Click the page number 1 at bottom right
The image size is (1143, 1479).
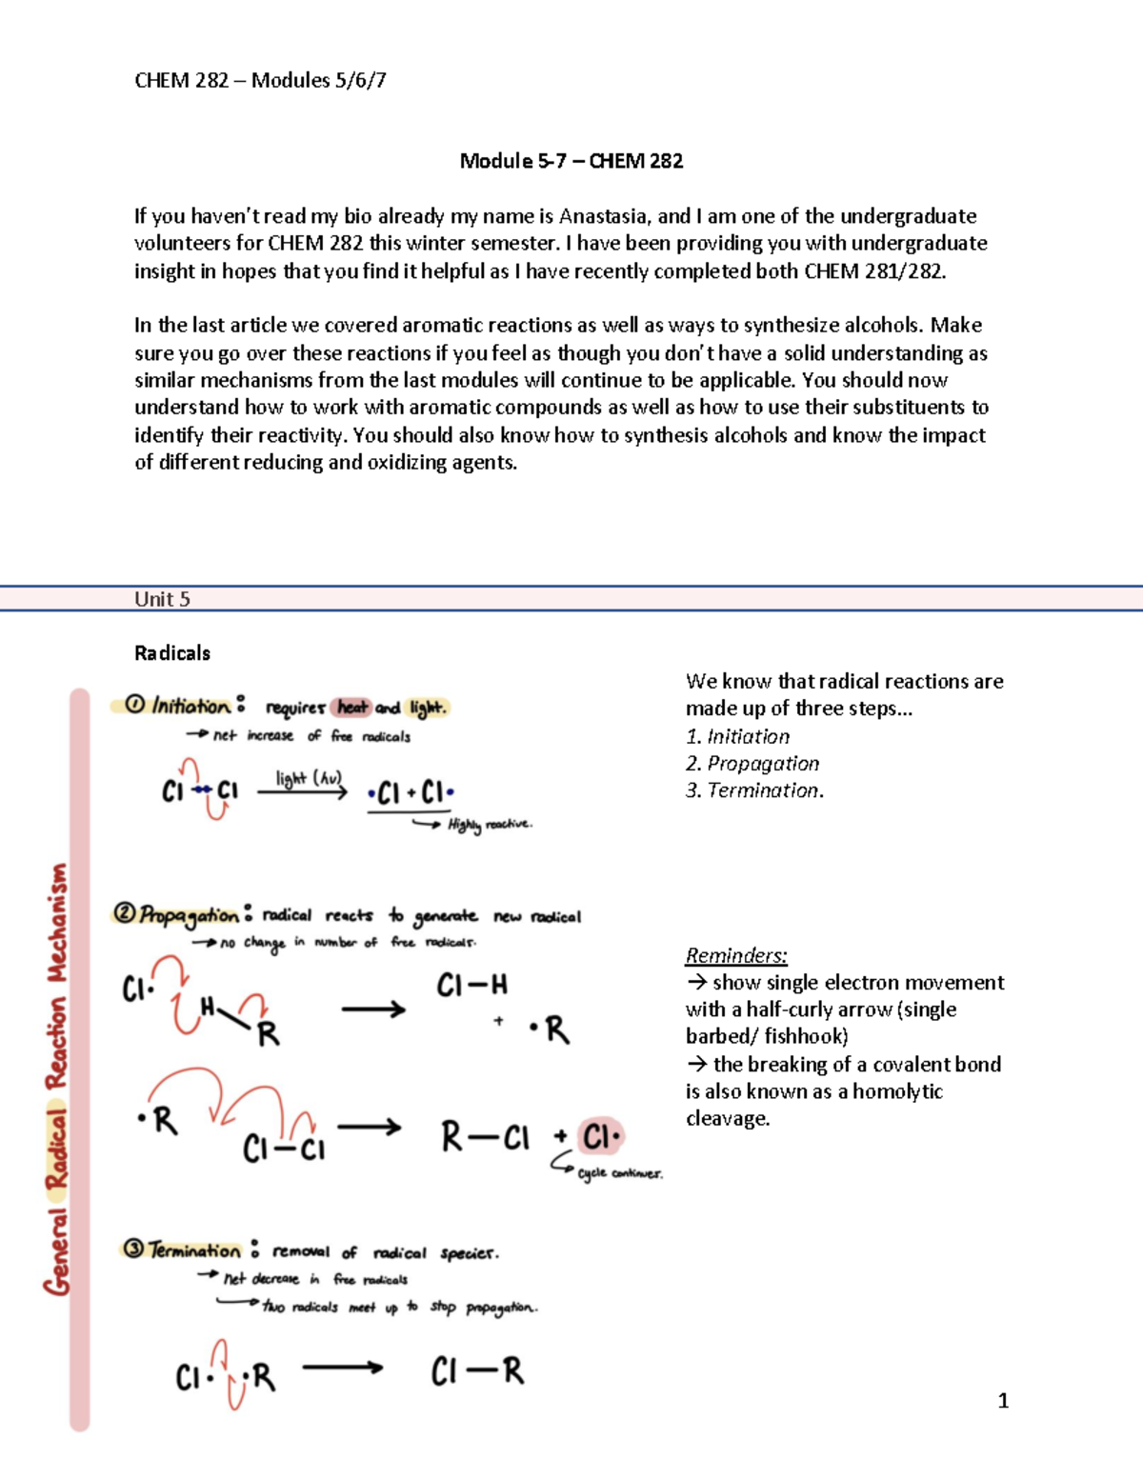pos(1003,1400)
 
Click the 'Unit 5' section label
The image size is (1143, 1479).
pos(162,599)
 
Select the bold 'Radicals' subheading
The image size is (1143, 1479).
pos(172,653)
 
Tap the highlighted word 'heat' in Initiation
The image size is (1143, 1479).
pos(352,708)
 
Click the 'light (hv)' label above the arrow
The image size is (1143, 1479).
pos(308,778)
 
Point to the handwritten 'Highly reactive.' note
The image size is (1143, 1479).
pos(490,825)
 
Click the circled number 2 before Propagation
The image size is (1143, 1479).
pos(125,914)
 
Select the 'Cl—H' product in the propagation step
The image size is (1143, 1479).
pos(471,985)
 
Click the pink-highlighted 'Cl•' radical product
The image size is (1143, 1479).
pos(601,1137)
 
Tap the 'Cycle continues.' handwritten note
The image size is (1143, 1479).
pos(619,1173)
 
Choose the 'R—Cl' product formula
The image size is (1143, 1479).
pos(485,1137)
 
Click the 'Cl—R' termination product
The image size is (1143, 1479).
pos(477,1372)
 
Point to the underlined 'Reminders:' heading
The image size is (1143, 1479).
pos(736,955)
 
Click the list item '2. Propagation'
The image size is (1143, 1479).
pos(752,764)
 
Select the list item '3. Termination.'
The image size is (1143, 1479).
pos(754,790)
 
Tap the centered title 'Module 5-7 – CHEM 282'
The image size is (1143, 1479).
pos(571,161)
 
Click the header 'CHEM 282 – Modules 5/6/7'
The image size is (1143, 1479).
pos(260,81)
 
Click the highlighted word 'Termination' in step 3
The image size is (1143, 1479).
pos(194,1250)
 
